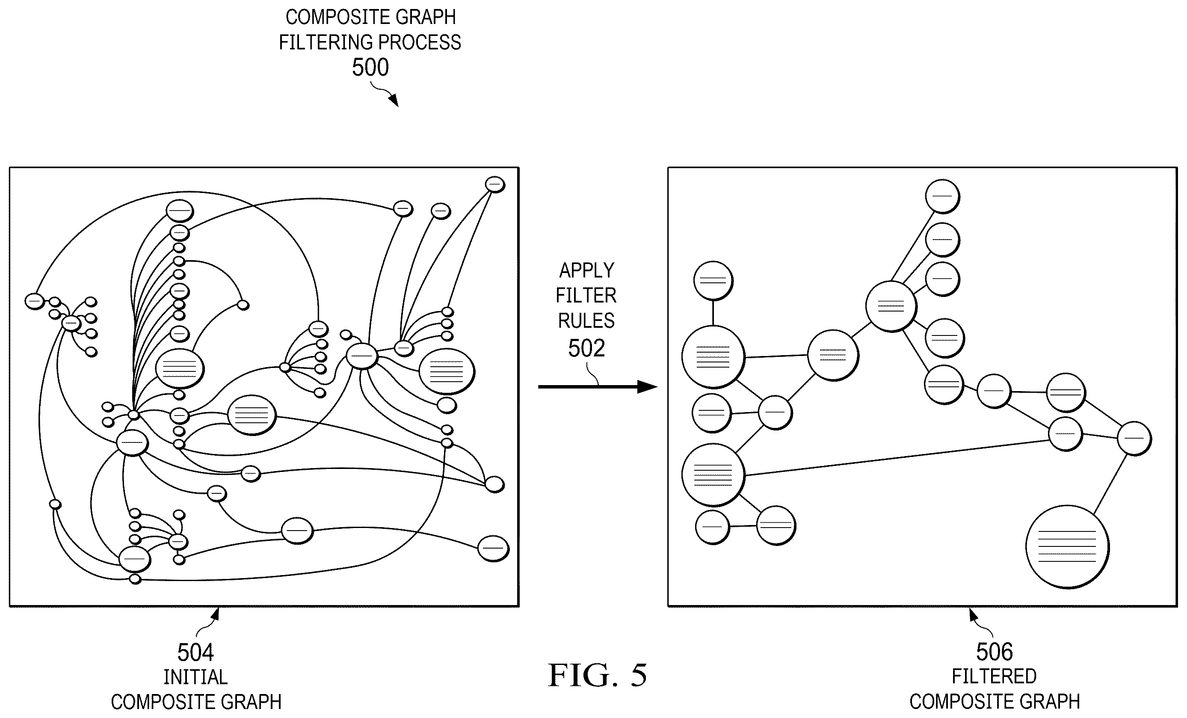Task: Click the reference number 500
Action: coord(370,68)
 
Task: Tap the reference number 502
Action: coord(586,348)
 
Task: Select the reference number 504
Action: coord(195,653)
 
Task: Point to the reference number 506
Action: coord(995,652)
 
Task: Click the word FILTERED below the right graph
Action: coord(995,676)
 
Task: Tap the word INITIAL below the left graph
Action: coord(195,677)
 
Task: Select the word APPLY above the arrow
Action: coord(586,270)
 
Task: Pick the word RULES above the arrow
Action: coord(586,320)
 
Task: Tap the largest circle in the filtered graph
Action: coord(1067,547)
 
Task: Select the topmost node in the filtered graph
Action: coord(942,196)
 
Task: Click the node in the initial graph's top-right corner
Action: coord(495,184)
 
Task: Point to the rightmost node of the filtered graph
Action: coord(1134,439)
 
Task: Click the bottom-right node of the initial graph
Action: coord(493,549)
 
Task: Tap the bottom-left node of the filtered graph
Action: coord(713,527)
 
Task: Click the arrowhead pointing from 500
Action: coord(394,101)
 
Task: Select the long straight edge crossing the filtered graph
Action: coord(897,458)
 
